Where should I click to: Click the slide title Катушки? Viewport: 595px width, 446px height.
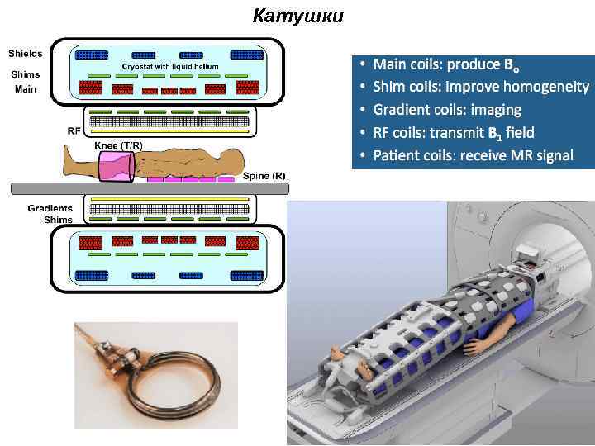click(297, 16)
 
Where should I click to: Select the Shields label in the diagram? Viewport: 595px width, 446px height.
click(25, 54)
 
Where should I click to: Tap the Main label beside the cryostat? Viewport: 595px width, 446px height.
click(25, 89)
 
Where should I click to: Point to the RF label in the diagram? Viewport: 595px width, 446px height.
click(74, 130)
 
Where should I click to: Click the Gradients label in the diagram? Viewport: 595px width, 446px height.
click(50, 208)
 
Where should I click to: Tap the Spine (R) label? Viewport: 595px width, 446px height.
click(264, 176)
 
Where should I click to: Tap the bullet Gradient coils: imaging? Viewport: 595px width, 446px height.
click(447, 109)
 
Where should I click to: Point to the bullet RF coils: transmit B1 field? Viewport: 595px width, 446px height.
click(454, 132)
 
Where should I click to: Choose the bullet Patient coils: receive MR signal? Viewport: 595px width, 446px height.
click(473, 155)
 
